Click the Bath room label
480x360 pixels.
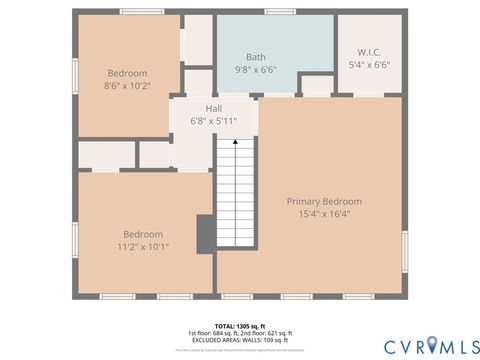256,57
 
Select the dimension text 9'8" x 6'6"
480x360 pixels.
256,70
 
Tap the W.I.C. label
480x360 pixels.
369,52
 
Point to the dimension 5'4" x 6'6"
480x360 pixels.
369,65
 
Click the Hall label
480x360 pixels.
213,108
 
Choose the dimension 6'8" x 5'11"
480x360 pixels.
213,121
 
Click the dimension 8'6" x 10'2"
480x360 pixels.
127,86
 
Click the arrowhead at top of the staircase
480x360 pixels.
235,142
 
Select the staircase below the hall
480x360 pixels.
235,215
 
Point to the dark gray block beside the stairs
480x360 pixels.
205,234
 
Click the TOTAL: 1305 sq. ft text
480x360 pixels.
239,326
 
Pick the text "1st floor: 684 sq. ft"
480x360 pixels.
214,333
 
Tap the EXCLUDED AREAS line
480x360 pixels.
239,341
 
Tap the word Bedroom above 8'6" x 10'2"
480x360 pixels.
127,73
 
